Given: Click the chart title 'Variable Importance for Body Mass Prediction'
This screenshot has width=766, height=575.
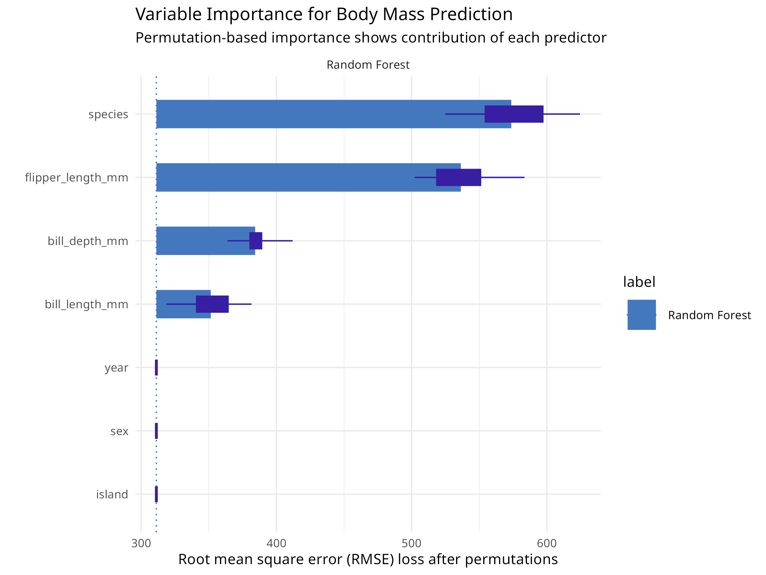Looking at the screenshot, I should click(324, 15).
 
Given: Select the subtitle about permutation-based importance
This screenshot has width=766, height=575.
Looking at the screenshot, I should click(371, 37).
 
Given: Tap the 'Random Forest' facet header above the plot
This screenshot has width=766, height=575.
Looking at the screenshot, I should click(368, 65).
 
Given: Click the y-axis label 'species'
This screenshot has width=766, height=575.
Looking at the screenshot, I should click(108, 114).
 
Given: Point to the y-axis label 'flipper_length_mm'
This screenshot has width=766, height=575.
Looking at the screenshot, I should click(77, 178).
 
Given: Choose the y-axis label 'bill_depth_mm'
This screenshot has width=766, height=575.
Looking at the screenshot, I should click(88, 241).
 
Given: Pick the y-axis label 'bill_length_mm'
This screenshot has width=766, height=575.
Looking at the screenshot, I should click(86, 304).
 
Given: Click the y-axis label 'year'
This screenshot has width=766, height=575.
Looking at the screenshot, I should click(116, 367).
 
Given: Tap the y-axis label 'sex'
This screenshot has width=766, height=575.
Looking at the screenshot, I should click(119, 431).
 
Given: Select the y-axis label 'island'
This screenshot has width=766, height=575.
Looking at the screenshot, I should click(112, 494).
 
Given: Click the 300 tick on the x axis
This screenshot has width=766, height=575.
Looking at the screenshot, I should click(141, 543).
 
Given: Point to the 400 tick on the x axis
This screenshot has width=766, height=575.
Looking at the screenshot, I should click(276, 543).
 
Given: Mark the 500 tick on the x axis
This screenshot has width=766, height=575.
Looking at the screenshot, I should click(411, 543).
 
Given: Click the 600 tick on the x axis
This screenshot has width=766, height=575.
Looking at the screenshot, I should click(547, 543).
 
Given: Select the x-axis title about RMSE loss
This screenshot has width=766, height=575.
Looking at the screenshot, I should click(368, 559).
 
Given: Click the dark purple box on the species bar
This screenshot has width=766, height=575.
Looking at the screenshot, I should click(514, 114).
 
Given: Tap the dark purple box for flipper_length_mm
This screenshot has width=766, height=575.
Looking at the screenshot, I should click(459, 178).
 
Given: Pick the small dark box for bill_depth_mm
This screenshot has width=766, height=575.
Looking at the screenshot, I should click(256, 241).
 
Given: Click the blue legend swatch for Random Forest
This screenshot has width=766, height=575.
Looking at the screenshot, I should click(641, 315).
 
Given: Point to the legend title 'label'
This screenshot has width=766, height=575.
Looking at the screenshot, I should click(639, 282).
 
